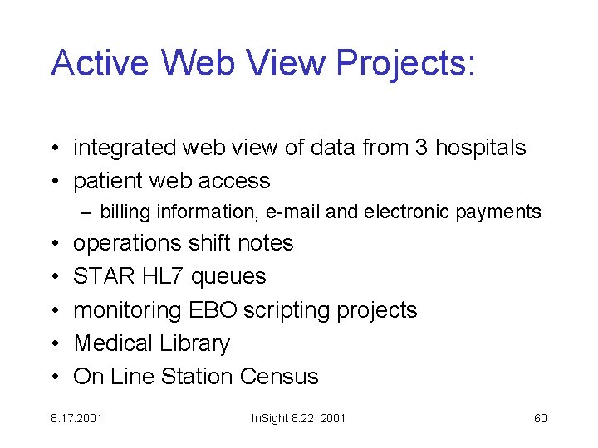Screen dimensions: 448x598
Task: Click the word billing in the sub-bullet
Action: (121, 212)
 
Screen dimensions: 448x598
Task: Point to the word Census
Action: (279, 377)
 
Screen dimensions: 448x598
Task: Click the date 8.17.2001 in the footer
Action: (76, 418)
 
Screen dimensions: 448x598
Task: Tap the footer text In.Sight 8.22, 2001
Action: (298, 418)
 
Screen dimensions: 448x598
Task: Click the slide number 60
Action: (540, 418)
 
